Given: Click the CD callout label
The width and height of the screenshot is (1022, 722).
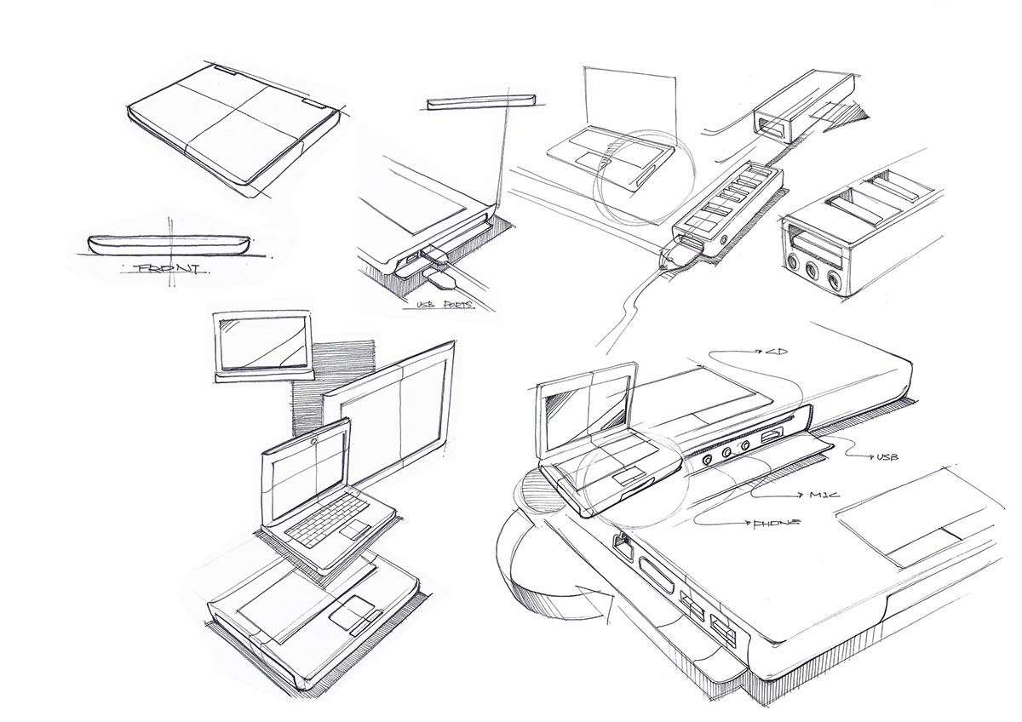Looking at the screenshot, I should [x=774, y=350].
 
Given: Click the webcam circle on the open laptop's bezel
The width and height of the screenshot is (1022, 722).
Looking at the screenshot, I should [x=315, y=440].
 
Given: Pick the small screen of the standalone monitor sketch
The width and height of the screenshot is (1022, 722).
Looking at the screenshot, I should [x=264, y=340].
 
